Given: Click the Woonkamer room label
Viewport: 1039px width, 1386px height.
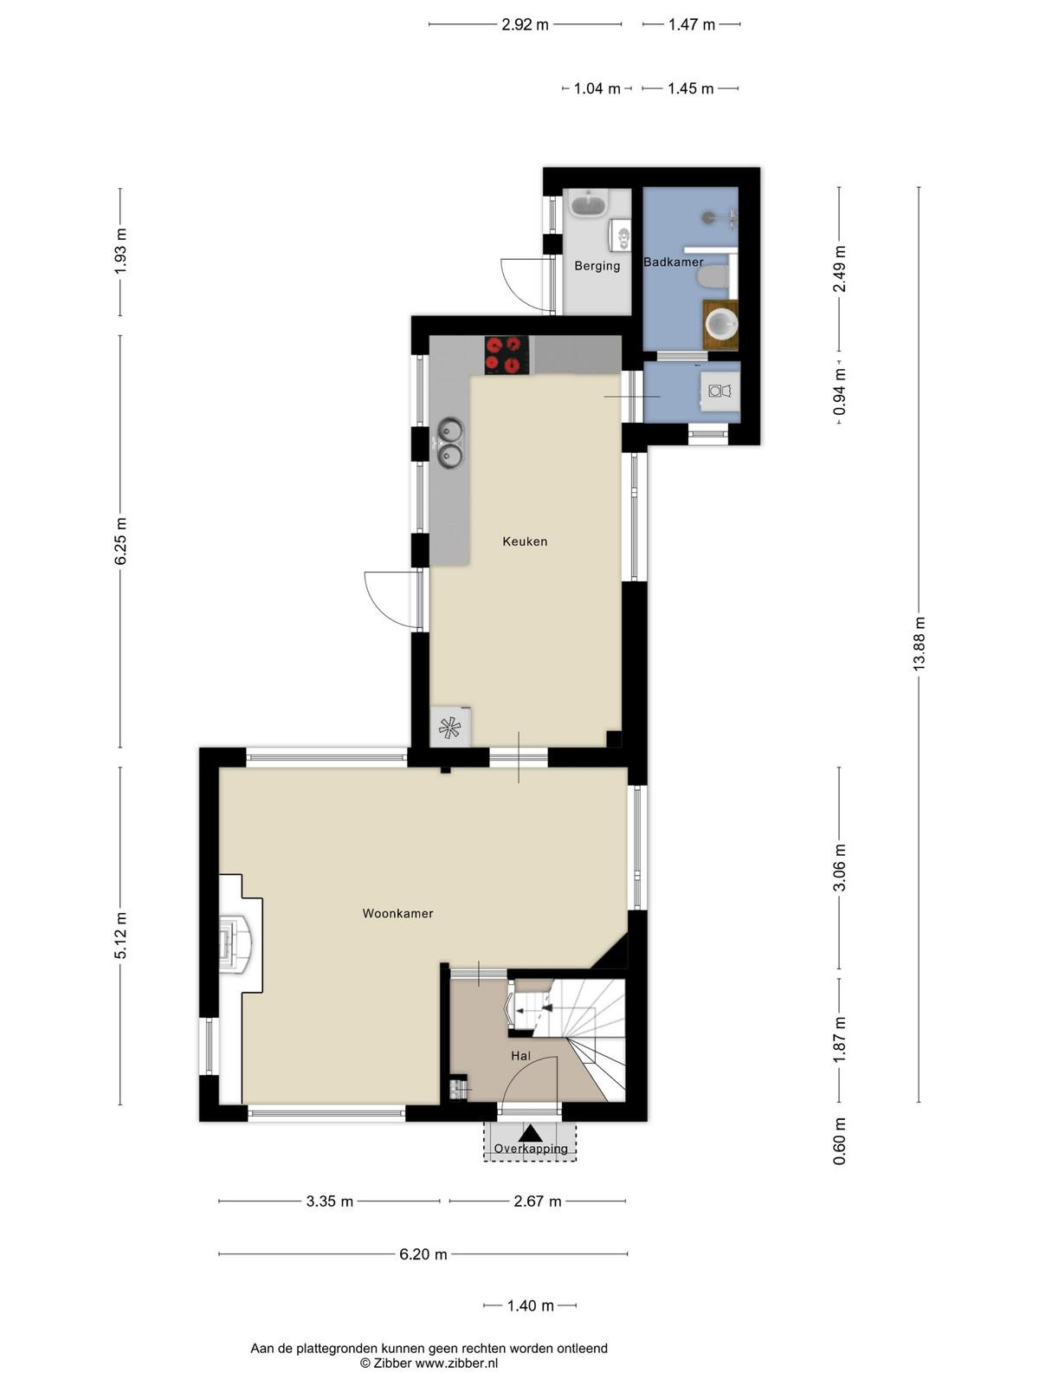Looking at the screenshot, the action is (x=397, y=914).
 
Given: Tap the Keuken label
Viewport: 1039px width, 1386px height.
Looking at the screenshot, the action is (x=525, y=541).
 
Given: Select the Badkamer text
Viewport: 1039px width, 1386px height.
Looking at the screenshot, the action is (x=673, y=262).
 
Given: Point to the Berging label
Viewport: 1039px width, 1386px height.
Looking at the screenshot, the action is (x=597, y=266).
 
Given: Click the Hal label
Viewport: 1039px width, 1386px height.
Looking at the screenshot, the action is (x=520, y=1056).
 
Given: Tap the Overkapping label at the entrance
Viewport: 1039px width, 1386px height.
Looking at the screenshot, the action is (x=531, y=1149).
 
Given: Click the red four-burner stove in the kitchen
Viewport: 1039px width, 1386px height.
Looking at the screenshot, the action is (x=507, y=355).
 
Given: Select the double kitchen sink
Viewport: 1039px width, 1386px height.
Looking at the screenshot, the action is (x=450, y=443).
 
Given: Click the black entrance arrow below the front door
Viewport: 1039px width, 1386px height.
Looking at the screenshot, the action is (x=531, y=1133).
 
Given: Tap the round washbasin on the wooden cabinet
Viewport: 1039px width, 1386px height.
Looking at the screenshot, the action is (x=722, y=325).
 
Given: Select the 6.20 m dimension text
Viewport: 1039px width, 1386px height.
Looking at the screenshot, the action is (x=423, y=1254).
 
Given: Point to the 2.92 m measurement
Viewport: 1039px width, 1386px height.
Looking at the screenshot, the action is (x=525, y=24).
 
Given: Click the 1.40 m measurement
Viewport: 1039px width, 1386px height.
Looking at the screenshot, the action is (x=531, y=1305).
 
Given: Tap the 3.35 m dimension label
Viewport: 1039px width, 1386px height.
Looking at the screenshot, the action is (x=329, y=1201).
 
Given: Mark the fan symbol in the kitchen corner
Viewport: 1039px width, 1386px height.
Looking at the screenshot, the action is (x=449, y=728).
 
